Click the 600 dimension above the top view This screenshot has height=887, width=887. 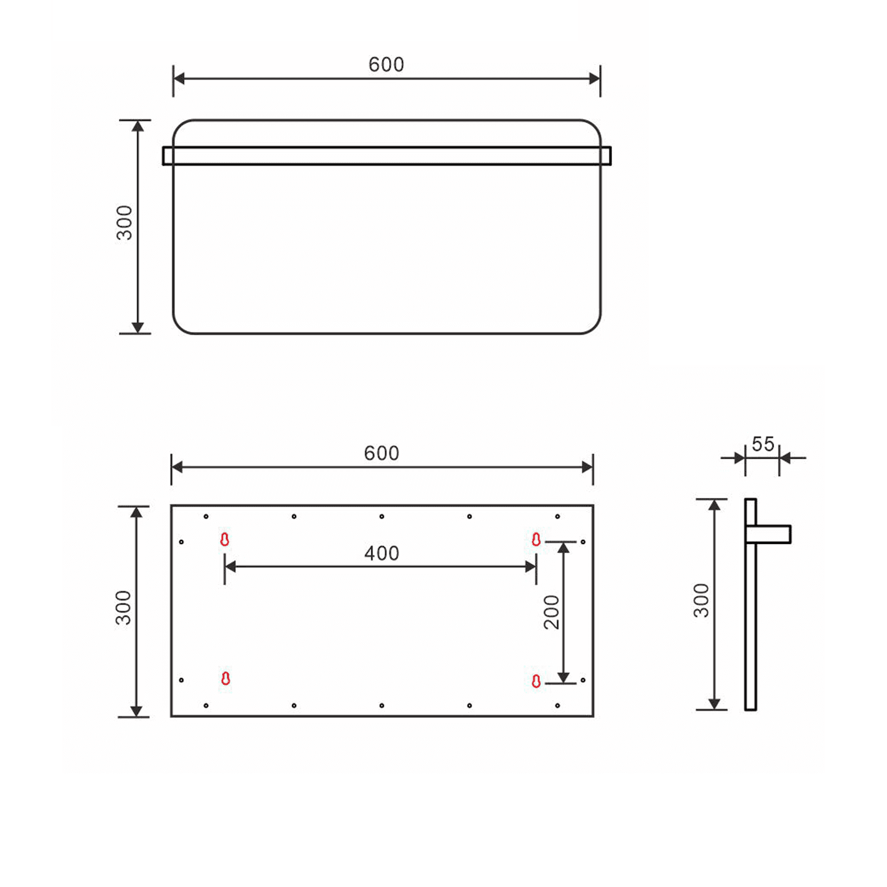(386, 64)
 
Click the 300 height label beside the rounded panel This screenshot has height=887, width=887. (124, 223)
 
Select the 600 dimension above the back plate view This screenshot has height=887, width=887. (381, 454)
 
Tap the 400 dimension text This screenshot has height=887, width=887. (381, 553)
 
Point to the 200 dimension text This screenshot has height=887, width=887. (551, 612)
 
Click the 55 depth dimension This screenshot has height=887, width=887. (763, 444)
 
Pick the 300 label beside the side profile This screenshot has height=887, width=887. (701, 600)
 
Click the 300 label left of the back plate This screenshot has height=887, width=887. (123, 608)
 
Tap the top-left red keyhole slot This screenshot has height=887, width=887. (225, 539)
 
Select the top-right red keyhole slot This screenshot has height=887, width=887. (536, 539)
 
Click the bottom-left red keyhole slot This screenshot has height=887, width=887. (225, 678)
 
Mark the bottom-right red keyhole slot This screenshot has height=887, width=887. (536, 681)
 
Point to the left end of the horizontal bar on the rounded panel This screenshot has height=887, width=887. (168, 156)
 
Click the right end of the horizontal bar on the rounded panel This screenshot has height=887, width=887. (606, 156)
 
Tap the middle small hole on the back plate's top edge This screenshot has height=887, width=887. (381, 517)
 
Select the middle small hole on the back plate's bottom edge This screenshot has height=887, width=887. (381, 705)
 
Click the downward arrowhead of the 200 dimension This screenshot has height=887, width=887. (564, 677)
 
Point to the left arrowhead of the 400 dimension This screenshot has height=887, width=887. (231, 567)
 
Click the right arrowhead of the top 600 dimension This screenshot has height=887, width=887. (594, 79)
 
